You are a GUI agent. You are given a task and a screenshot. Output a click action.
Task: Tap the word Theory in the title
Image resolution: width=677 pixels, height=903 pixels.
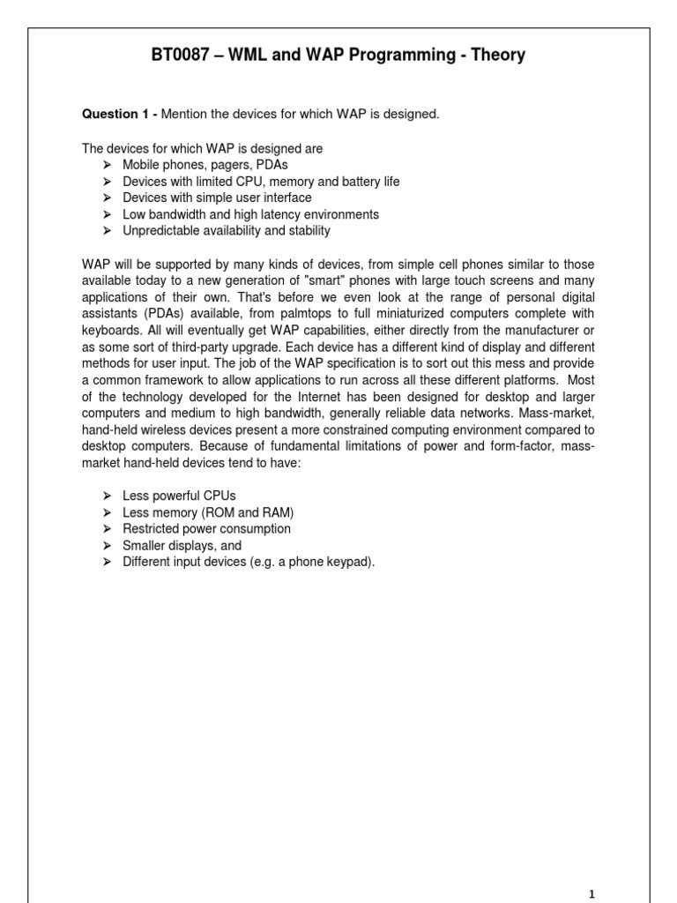coord(496,56)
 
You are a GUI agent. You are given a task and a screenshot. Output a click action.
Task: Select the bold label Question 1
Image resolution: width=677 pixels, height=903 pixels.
coord(115,115)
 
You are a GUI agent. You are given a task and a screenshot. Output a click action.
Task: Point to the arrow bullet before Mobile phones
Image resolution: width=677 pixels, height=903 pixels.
coord(106,165)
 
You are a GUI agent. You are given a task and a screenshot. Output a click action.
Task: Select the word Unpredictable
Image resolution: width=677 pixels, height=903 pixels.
coord(163,231)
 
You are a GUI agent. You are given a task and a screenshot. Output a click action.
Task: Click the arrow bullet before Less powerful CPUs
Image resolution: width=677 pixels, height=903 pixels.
coord(106,496)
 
